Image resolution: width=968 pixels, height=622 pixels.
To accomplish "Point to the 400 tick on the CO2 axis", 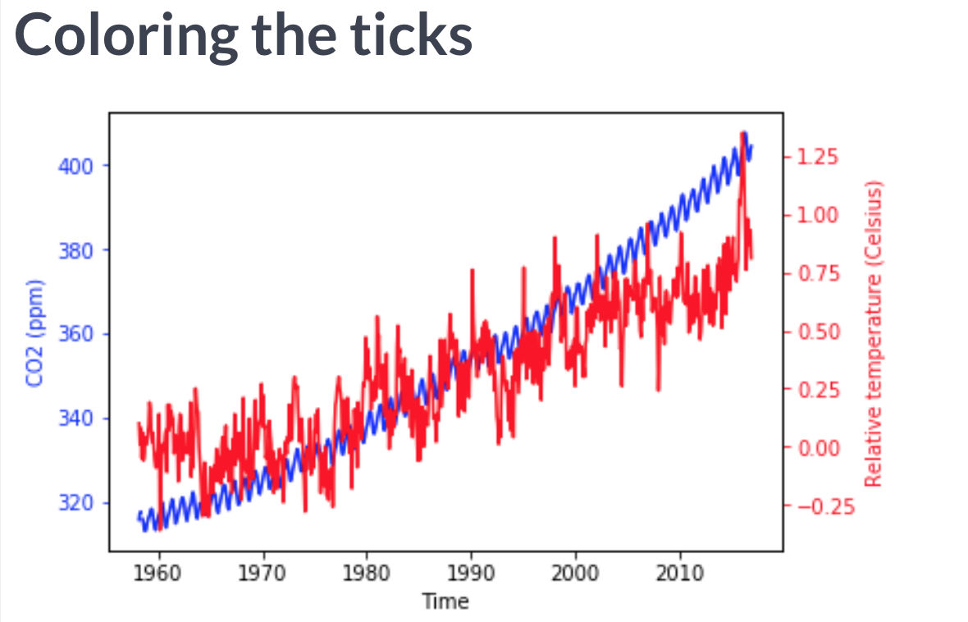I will point(74,166).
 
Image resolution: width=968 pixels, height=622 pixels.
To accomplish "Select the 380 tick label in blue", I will point(74,250).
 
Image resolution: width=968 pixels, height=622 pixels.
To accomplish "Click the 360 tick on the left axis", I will point(74,335).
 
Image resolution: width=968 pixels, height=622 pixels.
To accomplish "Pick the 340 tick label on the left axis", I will point(74,418).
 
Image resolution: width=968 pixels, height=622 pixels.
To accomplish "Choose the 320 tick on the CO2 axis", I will point(74,503).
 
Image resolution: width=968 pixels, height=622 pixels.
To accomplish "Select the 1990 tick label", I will point(471,573).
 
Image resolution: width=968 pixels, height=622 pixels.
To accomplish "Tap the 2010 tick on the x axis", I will point(680,573).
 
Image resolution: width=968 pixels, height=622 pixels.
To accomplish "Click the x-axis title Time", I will point(445,601).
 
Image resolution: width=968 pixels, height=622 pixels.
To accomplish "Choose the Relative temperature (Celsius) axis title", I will point(873,333).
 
